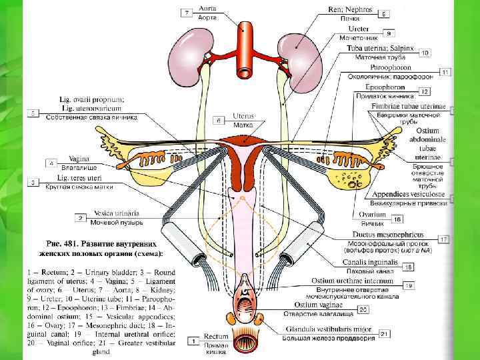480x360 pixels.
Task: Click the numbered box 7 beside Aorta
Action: pos(186,12)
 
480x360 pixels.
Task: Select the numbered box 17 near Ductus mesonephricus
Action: pos(443,238)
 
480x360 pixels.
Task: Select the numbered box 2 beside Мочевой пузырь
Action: pos(81,217)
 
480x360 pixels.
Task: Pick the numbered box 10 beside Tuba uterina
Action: pos(423,52)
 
